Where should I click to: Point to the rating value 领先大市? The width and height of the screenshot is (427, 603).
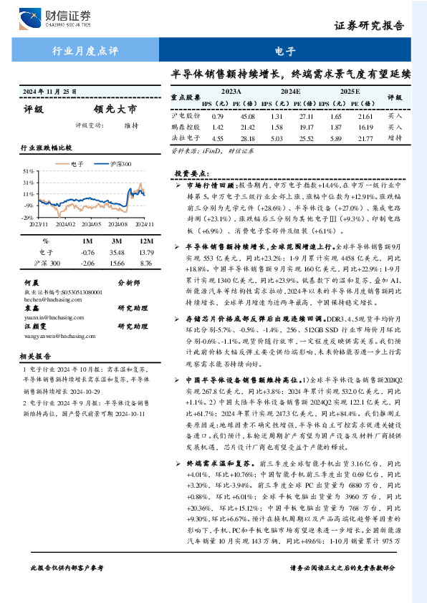(114, 109)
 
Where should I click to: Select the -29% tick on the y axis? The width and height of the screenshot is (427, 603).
(28, 216)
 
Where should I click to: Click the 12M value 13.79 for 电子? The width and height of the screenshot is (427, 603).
(146, 252)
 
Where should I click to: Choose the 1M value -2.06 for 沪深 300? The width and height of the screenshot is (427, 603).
(87, 264)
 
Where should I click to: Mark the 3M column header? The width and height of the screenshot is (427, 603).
(117, 241)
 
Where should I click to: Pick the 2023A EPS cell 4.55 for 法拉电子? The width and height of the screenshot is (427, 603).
(219, 138)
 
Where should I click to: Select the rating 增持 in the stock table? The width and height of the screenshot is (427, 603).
(394, 138)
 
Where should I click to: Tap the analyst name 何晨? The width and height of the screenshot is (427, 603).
(32, 283)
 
